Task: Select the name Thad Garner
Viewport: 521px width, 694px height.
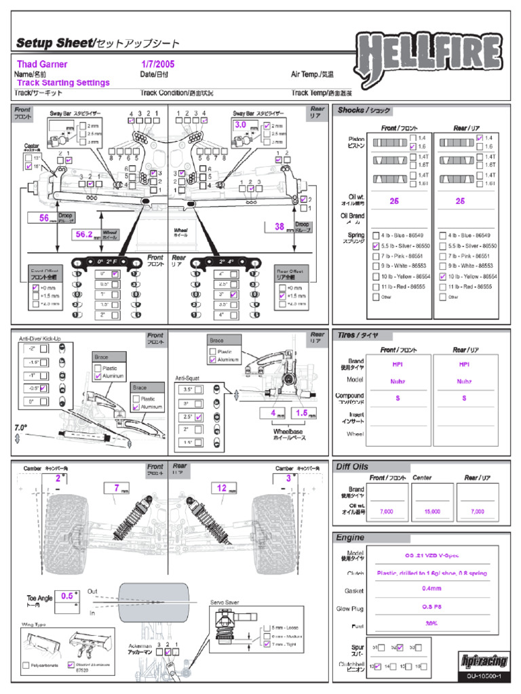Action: click(42, 64)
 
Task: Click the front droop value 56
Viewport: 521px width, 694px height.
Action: click(44, 218)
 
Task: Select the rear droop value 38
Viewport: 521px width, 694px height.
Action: click(279, 228)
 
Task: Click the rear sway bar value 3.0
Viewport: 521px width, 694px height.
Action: click(241, 125)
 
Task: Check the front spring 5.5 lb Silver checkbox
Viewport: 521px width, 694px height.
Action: click(377, 245)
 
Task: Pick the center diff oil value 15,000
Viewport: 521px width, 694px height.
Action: click(431, 512)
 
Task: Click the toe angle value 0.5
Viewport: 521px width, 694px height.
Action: click(67, 596)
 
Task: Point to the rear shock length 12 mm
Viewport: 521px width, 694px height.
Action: click(222, 488)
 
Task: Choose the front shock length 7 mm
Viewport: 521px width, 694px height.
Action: click(117, 488)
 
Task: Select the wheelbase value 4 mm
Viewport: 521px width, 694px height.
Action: click(273, 413)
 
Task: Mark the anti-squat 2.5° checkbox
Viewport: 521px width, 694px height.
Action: click(199, 418)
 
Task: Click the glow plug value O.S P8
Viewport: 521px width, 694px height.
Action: click(431, 607)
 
